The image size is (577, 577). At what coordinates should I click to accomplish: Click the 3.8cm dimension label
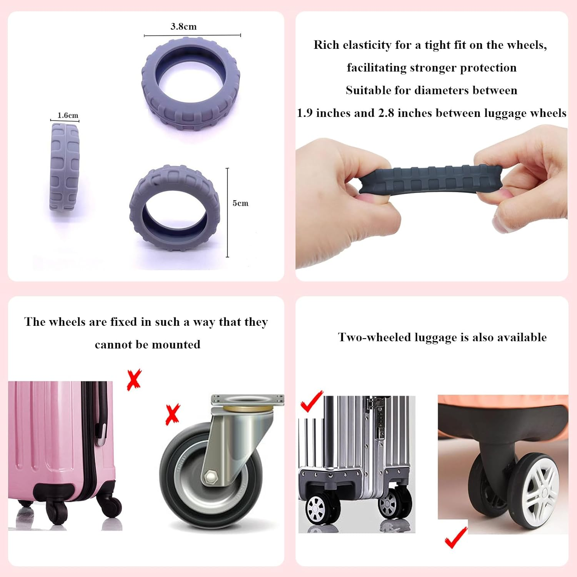[x=183, y=27]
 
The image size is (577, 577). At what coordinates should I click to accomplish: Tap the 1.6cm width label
[x=68, y=115]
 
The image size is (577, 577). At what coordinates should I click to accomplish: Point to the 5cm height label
[x=240, y=203]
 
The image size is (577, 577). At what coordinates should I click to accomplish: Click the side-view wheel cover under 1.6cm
[x=64, y=167]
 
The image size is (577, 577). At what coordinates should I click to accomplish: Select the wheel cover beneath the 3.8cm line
[x=191, y=83]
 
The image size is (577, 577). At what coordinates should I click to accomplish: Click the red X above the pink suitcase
[x=134, y=380]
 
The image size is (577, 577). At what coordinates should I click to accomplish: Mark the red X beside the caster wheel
[x=172, y=414]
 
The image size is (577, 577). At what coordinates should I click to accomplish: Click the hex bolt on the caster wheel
[x=211, y=477]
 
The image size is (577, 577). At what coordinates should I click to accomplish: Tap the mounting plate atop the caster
[x=247, y=400]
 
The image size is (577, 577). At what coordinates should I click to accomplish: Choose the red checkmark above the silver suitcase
[x=312, y=402]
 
